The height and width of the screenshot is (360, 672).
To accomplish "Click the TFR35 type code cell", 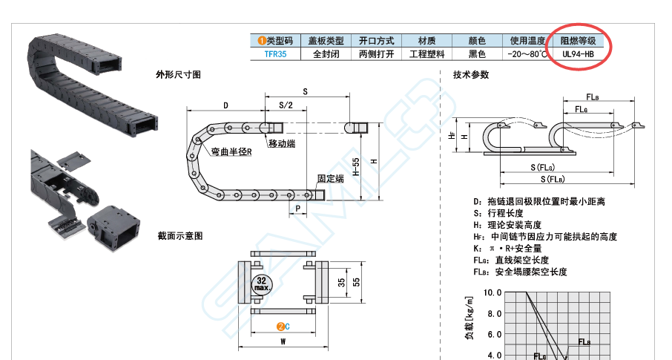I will [x=275, y=54].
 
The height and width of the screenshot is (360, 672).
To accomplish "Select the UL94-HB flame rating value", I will [x=578, y=54].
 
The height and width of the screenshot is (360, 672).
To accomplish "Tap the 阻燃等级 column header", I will [x=578, y=41].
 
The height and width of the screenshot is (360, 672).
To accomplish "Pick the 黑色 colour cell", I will [x=477, y=54].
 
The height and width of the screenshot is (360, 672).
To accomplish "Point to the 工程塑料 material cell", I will [x=426, y=54].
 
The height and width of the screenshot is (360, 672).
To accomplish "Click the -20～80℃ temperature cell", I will [x=527, y=54].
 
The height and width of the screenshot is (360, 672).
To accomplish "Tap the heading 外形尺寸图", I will [x=178, y=74].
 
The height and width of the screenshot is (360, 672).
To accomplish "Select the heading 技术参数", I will [x=471, y=74].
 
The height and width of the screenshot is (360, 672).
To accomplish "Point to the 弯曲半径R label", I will [x=231, y=151].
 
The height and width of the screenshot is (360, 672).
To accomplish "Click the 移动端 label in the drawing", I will [x=282, y=143].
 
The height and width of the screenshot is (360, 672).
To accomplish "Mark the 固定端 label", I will [x=330, y=179].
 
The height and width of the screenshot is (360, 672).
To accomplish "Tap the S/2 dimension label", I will [x=286, y=105].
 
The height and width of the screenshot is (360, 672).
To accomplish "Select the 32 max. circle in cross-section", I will [x=261, y=283].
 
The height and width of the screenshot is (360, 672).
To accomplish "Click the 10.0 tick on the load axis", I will [x=493, y=292].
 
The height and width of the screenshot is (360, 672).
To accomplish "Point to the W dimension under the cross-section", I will [x=283, y=342].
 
